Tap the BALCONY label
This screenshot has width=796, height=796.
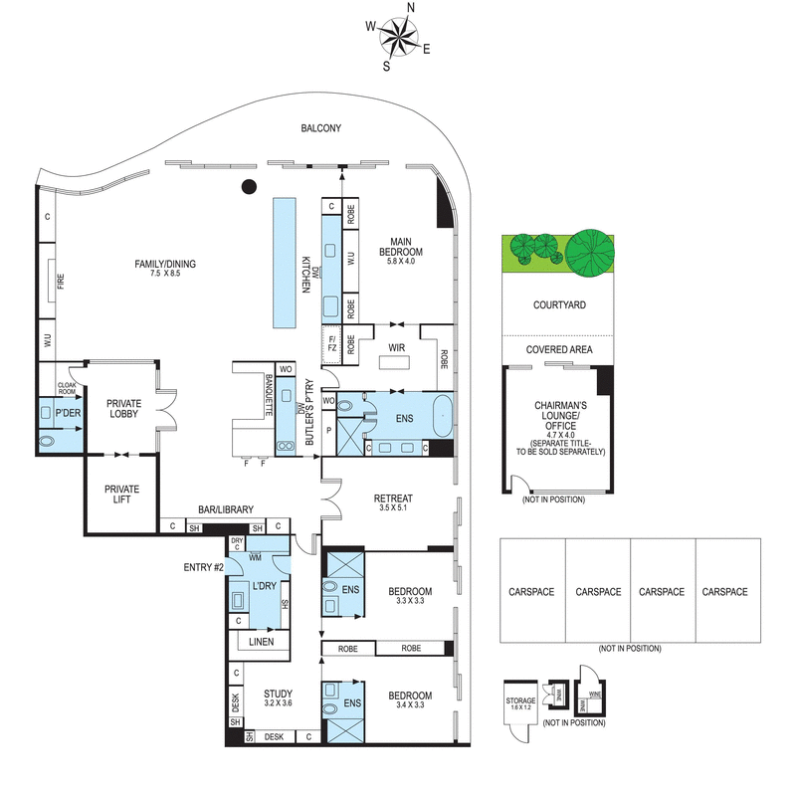(x=321, y=128)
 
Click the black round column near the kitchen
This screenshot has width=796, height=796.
(x=250, y=186)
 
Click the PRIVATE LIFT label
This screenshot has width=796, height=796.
(x=122, y=495)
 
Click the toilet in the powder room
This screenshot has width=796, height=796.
(x=48, y=439)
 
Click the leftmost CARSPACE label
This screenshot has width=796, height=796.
(x=532, y=591)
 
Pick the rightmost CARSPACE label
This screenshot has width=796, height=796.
(x=724, y=591)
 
